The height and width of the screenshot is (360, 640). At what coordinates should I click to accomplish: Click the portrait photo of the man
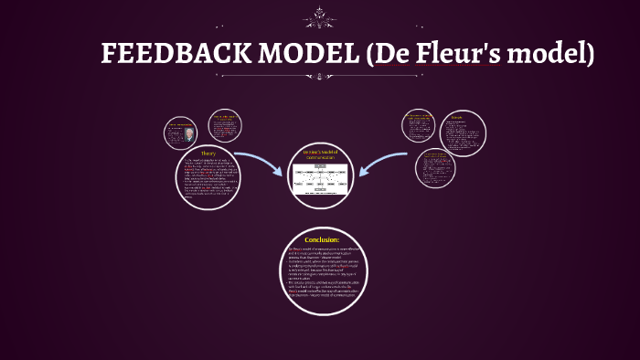(x=188, y=134)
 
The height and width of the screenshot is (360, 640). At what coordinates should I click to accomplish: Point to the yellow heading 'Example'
(x=455, y=117)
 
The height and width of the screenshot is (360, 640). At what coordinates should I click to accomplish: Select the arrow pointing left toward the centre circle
(x=383, y=162)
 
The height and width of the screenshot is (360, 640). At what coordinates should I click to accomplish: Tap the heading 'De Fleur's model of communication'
(x=320, y=154)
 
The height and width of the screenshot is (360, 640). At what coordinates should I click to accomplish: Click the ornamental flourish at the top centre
(x=320, y=15)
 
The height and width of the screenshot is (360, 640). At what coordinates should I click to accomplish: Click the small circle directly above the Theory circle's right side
(x=224, y=127)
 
